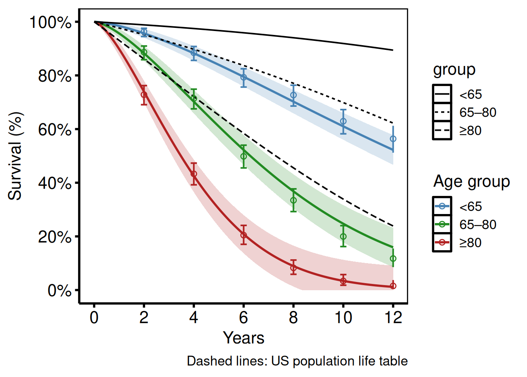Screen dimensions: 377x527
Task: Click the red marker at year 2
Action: pyautogui.click(x=144, y=95)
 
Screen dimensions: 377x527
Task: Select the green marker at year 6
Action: pyautogui.click(x=244, y=156)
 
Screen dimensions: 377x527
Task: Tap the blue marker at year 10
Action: pyautogui.click(x=343, y=121)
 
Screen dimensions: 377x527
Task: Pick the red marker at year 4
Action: pyautogui.click(x=194, y=174)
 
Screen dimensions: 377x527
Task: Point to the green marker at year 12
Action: pyautogui.click(x=393, y=258)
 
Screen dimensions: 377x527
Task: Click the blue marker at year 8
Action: pyautogui.click(x=293, y=95)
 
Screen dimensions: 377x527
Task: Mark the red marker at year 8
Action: pyautogui.click(x=293, y=268)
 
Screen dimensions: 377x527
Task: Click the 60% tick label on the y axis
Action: pyautogui.click(x=55, y=130)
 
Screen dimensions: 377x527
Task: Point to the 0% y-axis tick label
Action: pyautogui.click(x=60, y=291)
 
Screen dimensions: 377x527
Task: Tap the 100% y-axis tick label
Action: pyautogui.click(x=51, y=22)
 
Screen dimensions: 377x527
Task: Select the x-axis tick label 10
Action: pyautogui.click(x=343, y=317)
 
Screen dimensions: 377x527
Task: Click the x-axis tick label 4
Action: pyautogui.click(x=194, y=317)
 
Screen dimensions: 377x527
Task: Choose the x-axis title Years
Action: pyautogui.click(x=244, y=338)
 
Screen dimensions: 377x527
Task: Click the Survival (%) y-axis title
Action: pyautogui.click(x=16, y=156)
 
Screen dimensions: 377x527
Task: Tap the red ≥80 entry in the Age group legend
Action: pyautogui.click(x=442, y=243)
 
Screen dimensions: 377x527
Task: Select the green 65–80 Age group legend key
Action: pyautogui.click(x=442, y=225)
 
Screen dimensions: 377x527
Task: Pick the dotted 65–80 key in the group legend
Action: pyautogui.click(x=442, y=113)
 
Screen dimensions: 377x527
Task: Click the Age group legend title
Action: pyautogui.click(x=471, y=182)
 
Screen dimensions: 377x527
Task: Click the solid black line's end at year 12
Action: pyautogui.click(x=393, y=50)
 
